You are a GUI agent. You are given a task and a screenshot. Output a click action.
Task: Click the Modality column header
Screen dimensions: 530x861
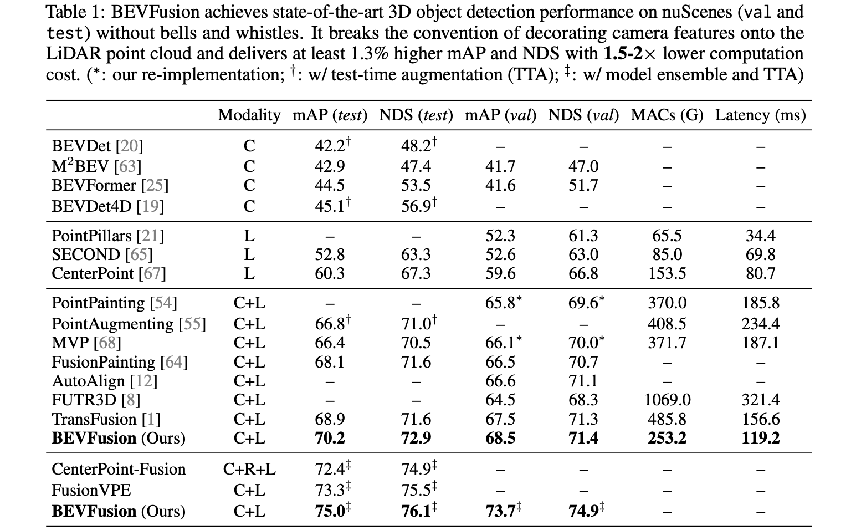pos(249,115)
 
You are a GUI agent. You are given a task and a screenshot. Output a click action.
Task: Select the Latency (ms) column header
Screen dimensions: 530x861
pos(760,115)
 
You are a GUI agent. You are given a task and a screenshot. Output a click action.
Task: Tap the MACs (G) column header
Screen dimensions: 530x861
pos(667,115)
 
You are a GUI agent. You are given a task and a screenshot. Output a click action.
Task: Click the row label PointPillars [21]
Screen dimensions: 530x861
pos(108,236)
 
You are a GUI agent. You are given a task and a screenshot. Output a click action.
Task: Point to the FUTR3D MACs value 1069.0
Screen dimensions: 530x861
pos(667,400)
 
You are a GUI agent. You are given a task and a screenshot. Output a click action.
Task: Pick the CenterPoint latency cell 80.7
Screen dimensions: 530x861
pos(760,274)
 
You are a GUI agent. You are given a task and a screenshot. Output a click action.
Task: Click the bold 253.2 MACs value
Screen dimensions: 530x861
pos(667,438)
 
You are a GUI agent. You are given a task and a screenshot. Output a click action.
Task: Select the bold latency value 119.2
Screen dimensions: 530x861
pos(760,438)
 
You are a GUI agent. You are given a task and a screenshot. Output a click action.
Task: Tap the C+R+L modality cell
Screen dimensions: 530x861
pos(249,470)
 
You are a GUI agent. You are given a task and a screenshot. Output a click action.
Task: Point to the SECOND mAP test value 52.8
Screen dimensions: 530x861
pos(330,255)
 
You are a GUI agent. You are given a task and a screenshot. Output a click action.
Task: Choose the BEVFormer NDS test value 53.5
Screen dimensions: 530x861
pos(416,185)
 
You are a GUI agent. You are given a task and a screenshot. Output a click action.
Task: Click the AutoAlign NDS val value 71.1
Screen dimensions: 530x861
pos(583,381)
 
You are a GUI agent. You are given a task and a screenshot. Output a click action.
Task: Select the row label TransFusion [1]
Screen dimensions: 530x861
pos(106,419)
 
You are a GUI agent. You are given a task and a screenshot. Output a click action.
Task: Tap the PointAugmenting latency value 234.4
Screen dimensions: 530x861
pos(760,324)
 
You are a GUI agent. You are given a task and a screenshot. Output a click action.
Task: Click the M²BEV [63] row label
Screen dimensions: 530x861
pos(96,166)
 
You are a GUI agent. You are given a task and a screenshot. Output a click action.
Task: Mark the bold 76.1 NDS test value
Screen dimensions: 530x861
pos(416,511)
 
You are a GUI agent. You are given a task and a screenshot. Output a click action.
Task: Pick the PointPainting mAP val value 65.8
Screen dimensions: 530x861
pos(500,303)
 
